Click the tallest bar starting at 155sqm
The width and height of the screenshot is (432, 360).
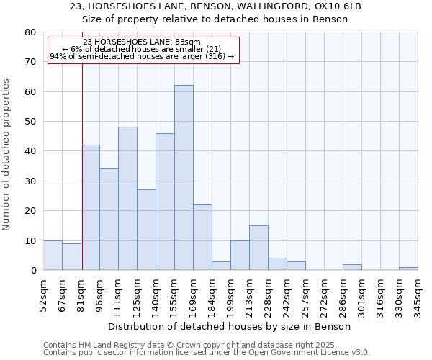click(x=184, y=178)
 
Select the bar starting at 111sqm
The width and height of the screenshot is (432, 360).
click(x=127, y=199)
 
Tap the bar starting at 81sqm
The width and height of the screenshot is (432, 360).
click(x=91, y=207)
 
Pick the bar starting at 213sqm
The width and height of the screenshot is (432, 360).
click(x=258, y=248)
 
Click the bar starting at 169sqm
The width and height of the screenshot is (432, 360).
click(x=202, y=238)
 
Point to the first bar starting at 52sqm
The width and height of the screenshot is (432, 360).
click(x=53, y=256)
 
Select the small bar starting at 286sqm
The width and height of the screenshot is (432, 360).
click(x=352, y=267)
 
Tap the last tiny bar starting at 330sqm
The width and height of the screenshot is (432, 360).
click(x=408, y=269)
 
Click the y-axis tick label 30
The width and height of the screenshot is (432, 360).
click(x=30, y=181)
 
